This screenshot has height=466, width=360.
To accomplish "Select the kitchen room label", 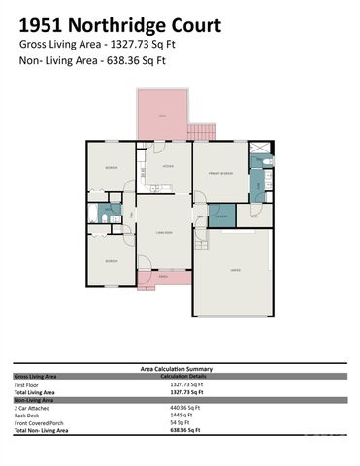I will coord(167,167).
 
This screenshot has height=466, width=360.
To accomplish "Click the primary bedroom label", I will coord(220,173).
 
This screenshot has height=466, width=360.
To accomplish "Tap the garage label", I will coord(236,269).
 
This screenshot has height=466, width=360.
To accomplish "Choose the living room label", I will coord(164,232).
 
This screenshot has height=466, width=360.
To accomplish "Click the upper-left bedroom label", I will coord(112,168).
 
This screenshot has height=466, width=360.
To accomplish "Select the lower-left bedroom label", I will coord(112,261).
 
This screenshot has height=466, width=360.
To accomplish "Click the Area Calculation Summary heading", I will coord(180,369).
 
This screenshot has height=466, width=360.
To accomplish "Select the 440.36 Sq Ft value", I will coord(184,407).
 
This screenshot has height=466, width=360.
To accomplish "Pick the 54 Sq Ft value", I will coord(180,421).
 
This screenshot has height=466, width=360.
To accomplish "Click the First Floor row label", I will coord(26,384).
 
